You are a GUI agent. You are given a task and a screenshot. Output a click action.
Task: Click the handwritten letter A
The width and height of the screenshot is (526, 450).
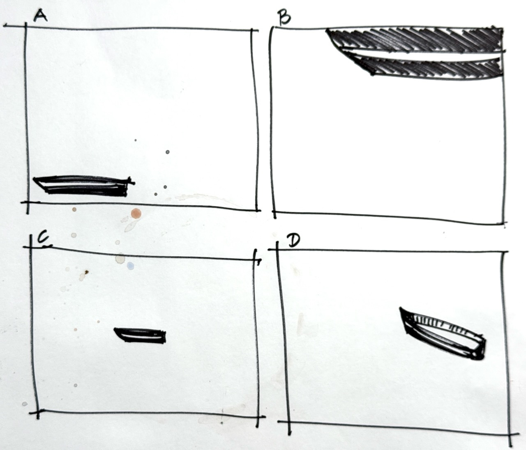point(40,16)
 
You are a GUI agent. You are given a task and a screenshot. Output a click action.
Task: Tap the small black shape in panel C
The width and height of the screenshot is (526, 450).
point(141,335)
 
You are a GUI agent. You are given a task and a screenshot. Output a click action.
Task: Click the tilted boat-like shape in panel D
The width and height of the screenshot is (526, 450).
point(443,333)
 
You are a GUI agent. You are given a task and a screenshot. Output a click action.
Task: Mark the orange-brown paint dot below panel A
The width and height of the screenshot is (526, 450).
point(136,214)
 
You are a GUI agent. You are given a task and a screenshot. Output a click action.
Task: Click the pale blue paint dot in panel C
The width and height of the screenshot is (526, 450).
point(130,266)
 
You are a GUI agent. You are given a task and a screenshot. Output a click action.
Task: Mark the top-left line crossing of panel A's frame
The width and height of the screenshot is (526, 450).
point(26,26)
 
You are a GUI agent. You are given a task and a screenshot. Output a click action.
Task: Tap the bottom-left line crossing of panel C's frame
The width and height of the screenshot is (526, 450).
point(38,411)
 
